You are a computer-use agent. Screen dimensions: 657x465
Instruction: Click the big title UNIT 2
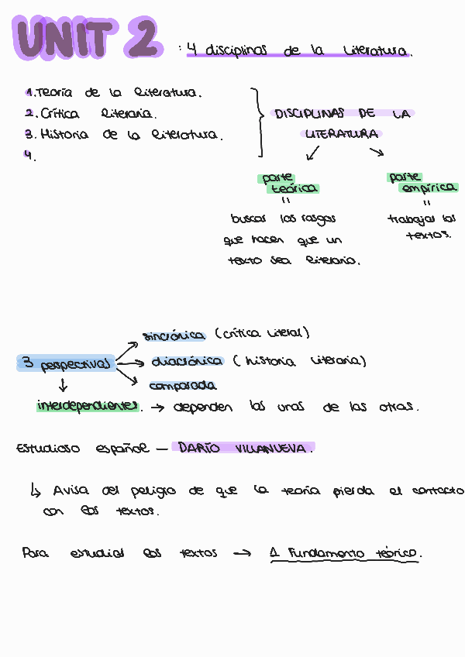pos(87,38)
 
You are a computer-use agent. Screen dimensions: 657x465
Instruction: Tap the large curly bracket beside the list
pos(257,122)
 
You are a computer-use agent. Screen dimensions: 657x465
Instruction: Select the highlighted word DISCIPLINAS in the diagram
pos(311,114)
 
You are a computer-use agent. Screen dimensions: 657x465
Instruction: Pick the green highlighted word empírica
pos(429,188)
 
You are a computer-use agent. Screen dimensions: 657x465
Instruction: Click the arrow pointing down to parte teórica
pos(313,153)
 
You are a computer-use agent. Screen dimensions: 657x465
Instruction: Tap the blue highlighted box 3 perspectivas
pos(65,363)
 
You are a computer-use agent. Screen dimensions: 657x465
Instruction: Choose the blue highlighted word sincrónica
pos(174,335)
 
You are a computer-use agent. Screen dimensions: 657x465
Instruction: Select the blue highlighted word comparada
pos(183,386)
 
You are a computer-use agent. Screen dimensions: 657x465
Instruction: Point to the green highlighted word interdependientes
pos(88,405)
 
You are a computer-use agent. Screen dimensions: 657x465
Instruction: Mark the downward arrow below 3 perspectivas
pos(63,385)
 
